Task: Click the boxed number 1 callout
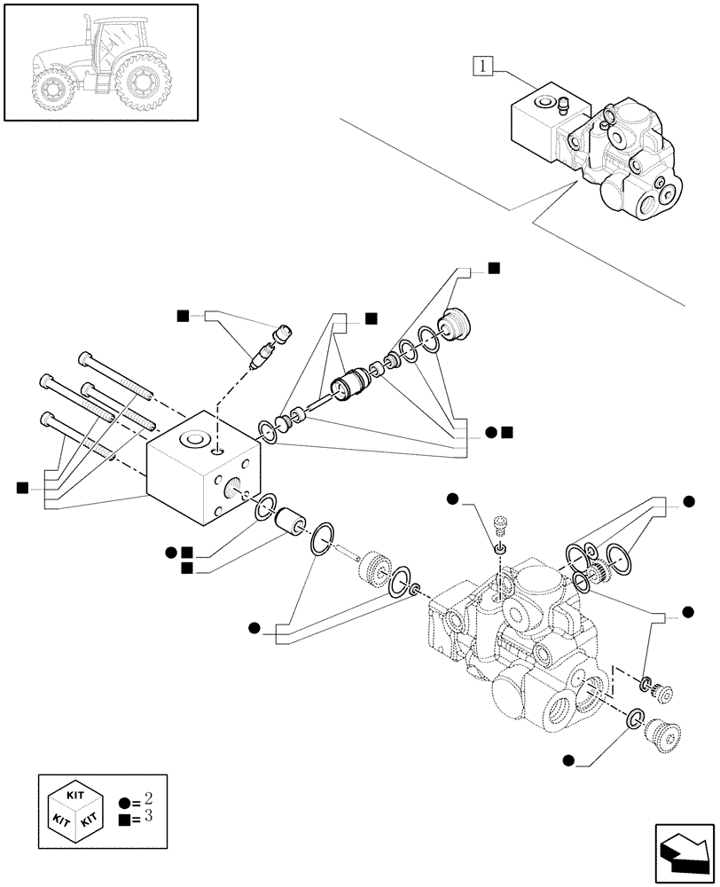[x=482, y=65]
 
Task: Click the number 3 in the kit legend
[x=146, y=816]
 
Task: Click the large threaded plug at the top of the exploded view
[x=457, y=323]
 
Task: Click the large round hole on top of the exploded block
[x=194, y=440]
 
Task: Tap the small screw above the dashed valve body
[x=502, y=529]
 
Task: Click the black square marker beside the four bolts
[x=21, y=487]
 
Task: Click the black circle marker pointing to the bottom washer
[x=568, y=759]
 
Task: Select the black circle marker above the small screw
[x=453, y=500]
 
